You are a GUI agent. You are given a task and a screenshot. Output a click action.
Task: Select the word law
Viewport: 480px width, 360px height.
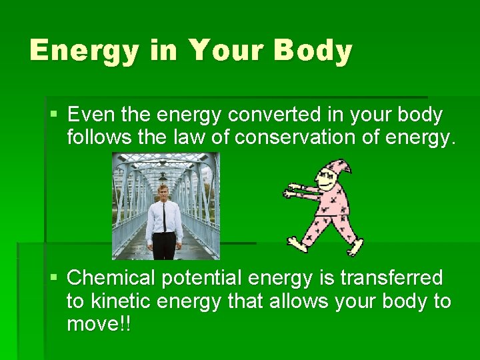pos(188,137)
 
